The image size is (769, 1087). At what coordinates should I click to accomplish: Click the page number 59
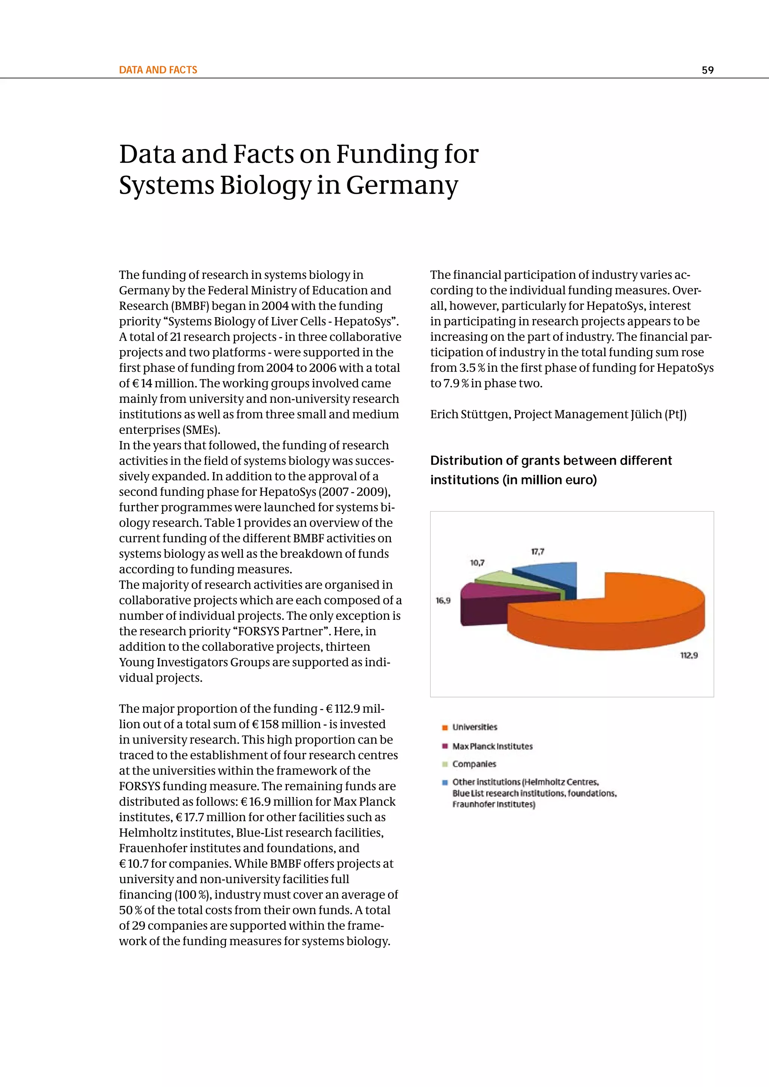point(707,70)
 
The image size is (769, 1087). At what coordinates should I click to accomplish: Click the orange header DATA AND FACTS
point(158,70)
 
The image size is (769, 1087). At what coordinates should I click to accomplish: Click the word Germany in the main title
point(402,185)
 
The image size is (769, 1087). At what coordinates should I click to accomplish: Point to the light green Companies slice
point(502,578)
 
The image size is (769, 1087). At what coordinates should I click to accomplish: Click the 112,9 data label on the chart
point(689,655)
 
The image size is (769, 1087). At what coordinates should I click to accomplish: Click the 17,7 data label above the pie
point(537,551)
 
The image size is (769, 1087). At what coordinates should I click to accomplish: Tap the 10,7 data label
point(477,563)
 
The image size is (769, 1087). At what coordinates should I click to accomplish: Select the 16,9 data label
point(443,600)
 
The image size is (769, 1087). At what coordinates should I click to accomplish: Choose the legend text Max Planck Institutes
point(493,747)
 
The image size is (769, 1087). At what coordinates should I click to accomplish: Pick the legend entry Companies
point(474,764)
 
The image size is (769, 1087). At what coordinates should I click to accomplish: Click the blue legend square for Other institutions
point(445,782)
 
